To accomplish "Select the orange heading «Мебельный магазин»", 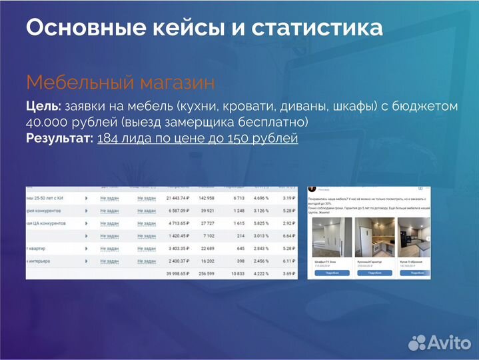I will click(x=120, y=83).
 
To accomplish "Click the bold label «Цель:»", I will click(x=43, y=107).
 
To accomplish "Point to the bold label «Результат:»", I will click(x=59, y=139).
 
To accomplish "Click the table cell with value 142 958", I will click(x=203, y=198).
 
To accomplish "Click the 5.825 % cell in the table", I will click(x=260, y=223).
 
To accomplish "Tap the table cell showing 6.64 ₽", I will click(x=284, y=235).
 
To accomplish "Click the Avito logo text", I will click(x=448, y=343).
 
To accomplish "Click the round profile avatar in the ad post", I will click(x=312, y=190).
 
